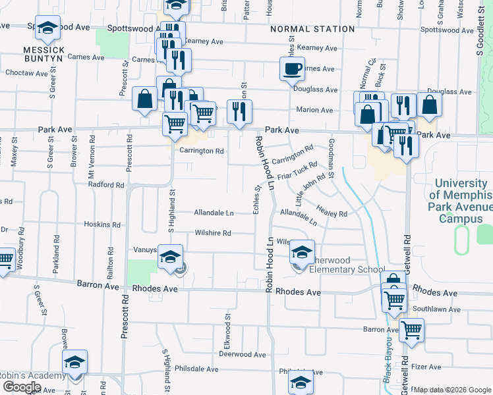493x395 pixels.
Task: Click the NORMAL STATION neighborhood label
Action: [x=312, y=30]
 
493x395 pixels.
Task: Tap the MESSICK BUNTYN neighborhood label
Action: [x=43, y=54]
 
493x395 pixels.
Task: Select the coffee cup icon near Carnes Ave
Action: [x=292, y=68]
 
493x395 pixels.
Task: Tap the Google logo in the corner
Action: [x=21, y=386]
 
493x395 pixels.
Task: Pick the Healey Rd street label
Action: [x=332, y=214]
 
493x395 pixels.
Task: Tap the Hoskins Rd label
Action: [x=102, y=224]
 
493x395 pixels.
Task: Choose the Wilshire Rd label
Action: [x=212, y=233]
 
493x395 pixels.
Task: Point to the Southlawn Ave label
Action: [x=432, y=309]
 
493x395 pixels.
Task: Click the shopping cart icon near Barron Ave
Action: [x=411, y=330]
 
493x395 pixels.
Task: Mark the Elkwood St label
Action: [x=227, y=327]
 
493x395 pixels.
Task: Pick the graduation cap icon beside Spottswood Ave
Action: [x=47, y=28]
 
